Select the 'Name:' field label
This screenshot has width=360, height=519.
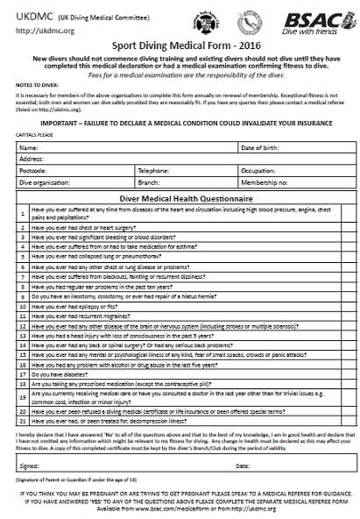tap(30, 146)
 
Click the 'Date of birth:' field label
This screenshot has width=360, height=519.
tap(263, 146)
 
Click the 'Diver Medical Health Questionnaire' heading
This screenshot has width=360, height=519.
tap(179, 200)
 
